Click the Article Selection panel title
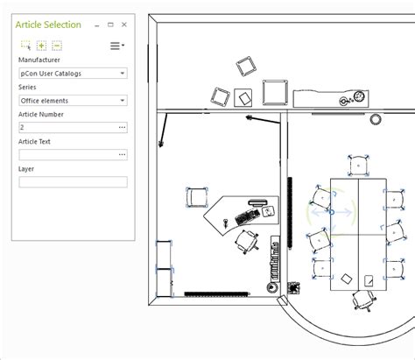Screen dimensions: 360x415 48,25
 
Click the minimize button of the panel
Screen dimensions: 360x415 98,25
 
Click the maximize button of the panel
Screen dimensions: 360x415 113,25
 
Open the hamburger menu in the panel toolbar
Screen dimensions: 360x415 116,46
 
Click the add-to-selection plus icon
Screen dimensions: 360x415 41,46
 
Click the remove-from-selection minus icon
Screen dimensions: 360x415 56,46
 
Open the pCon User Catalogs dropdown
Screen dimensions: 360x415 73,74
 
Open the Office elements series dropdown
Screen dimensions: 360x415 73,101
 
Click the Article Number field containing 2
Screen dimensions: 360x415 66,128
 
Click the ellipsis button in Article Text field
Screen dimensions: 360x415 122,155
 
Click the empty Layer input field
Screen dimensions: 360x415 73,182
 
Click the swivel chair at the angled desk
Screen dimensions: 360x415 248,240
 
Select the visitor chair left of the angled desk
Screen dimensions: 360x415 198,198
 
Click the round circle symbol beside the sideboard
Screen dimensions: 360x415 376,118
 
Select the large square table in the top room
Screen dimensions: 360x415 276,92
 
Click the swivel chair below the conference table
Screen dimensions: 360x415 362,301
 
